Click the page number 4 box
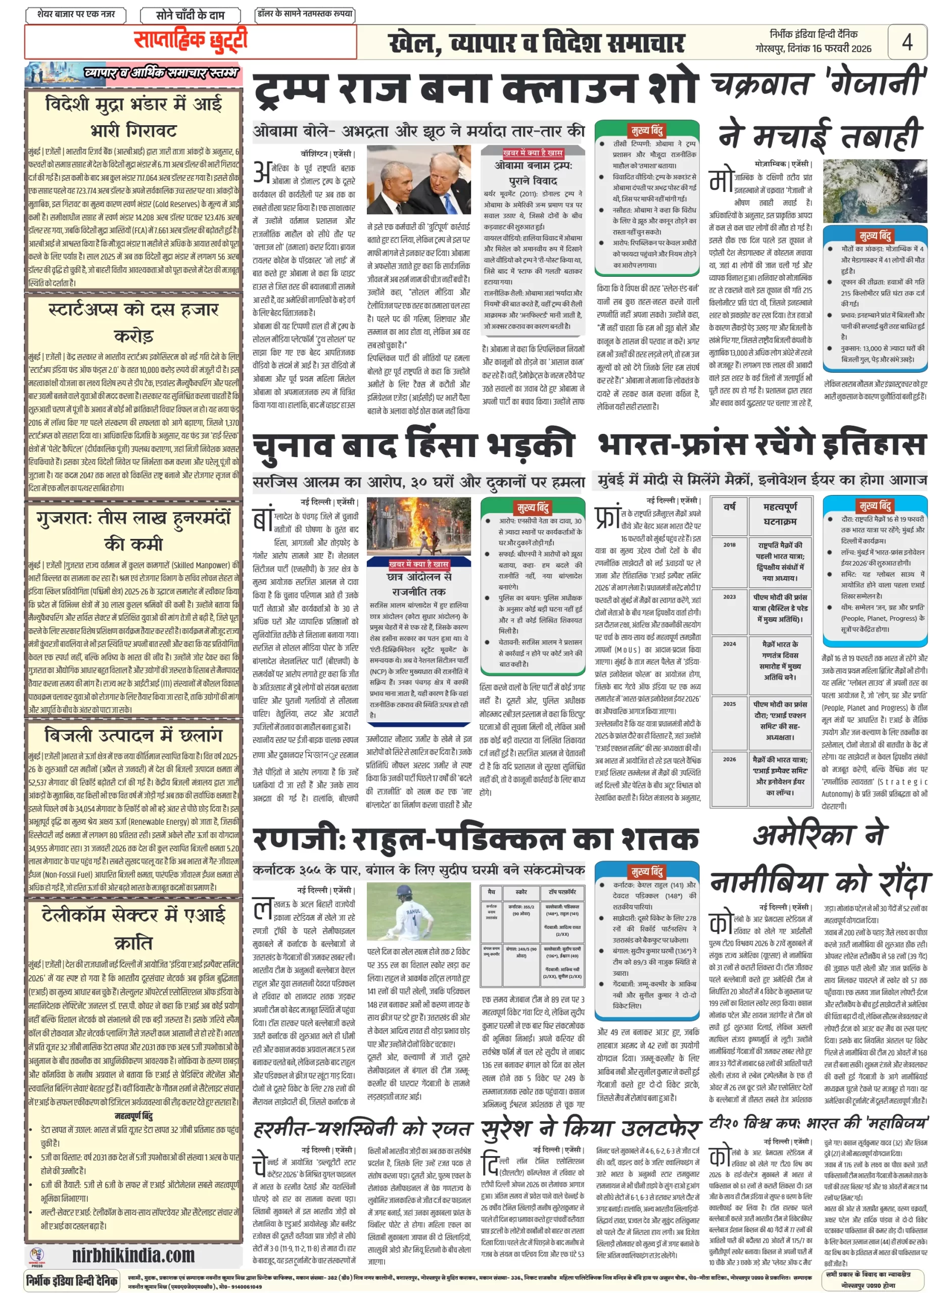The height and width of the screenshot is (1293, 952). (907, 41)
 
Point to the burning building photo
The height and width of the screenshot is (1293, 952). (418, 525)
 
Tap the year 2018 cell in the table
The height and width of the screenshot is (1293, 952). (729, 544)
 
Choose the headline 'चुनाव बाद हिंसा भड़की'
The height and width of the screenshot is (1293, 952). (413, 446)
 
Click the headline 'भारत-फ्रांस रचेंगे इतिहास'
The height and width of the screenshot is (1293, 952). (762, 444)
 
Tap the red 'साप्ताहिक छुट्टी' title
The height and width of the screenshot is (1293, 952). (190, 40)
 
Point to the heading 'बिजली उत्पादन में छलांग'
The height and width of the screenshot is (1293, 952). (133, 736)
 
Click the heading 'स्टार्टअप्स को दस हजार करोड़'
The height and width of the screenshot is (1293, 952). (133, 323)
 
